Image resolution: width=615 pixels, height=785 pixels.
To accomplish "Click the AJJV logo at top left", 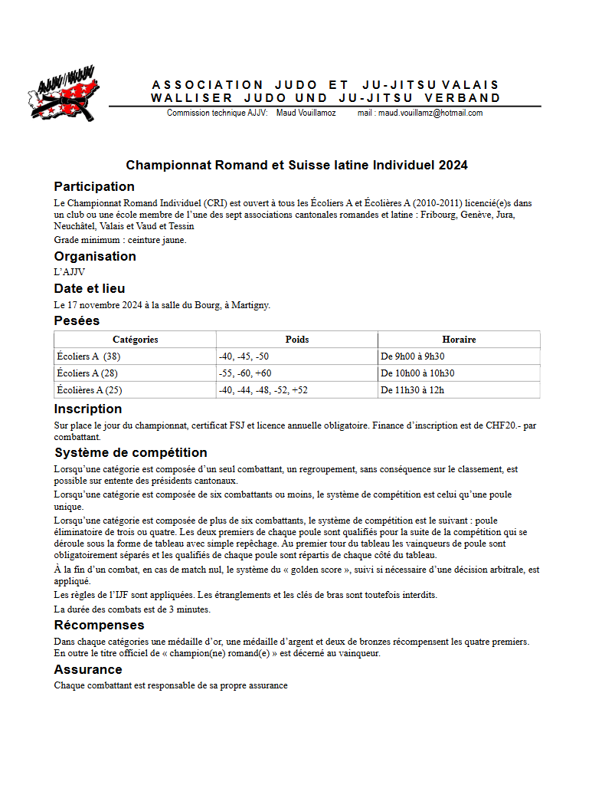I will tap(64, 94).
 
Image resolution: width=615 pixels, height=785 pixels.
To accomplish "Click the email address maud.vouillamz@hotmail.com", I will tap(430, 113).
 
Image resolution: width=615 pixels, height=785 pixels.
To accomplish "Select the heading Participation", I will tap(94, 186).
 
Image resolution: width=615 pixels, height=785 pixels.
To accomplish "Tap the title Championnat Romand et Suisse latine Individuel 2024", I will tap(296, 165).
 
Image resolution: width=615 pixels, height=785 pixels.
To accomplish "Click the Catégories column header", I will tap(135, 339).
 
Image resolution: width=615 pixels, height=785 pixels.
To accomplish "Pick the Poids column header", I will tap(296, 339).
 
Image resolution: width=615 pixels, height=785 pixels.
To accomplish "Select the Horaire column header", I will tap(458, 339).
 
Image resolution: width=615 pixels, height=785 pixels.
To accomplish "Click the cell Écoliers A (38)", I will tap(89, 356).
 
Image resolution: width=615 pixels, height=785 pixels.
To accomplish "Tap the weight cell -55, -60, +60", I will tap(245, 373).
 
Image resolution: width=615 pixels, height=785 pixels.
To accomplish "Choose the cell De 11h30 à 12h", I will tap(412, 390).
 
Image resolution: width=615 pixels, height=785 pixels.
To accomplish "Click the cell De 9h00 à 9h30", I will tap(413, 356).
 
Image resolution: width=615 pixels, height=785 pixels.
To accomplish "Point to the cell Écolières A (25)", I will tap(90, 390).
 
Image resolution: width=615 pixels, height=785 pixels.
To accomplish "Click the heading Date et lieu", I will tap(90, 288).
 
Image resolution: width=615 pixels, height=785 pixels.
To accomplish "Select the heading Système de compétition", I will tap(130, 452).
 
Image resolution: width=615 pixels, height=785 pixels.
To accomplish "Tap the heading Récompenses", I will tap(99, 626).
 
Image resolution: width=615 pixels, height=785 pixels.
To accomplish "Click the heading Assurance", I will tap(88, 669).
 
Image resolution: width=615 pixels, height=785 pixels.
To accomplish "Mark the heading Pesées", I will tap(77, 320).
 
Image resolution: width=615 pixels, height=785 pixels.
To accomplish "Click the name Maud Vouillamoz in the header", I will tap(306, 113).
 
